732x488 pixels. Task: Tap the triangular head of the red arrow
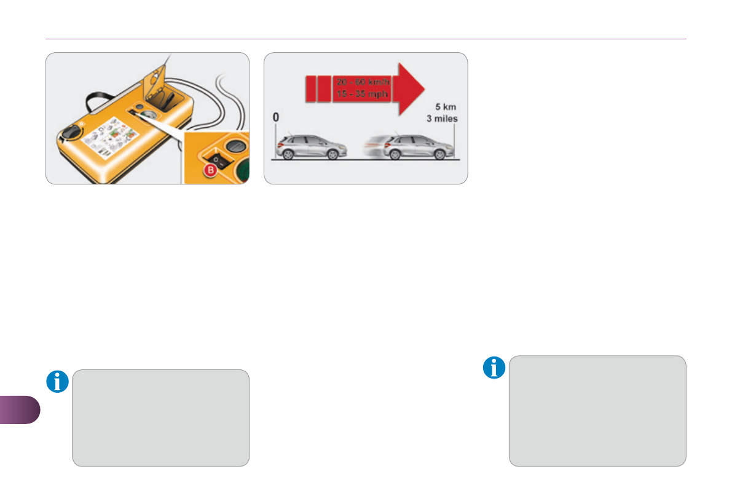[411, 88]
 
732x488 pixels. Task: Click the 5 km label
[446, 107]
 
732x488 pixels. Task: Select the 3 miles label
[443, 119]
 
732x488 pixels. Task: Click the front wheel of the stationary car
[333, 155]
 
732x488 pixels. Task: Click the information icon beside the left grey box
[58, 382]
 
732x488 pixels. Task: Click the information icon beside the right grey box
[494, 368]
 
